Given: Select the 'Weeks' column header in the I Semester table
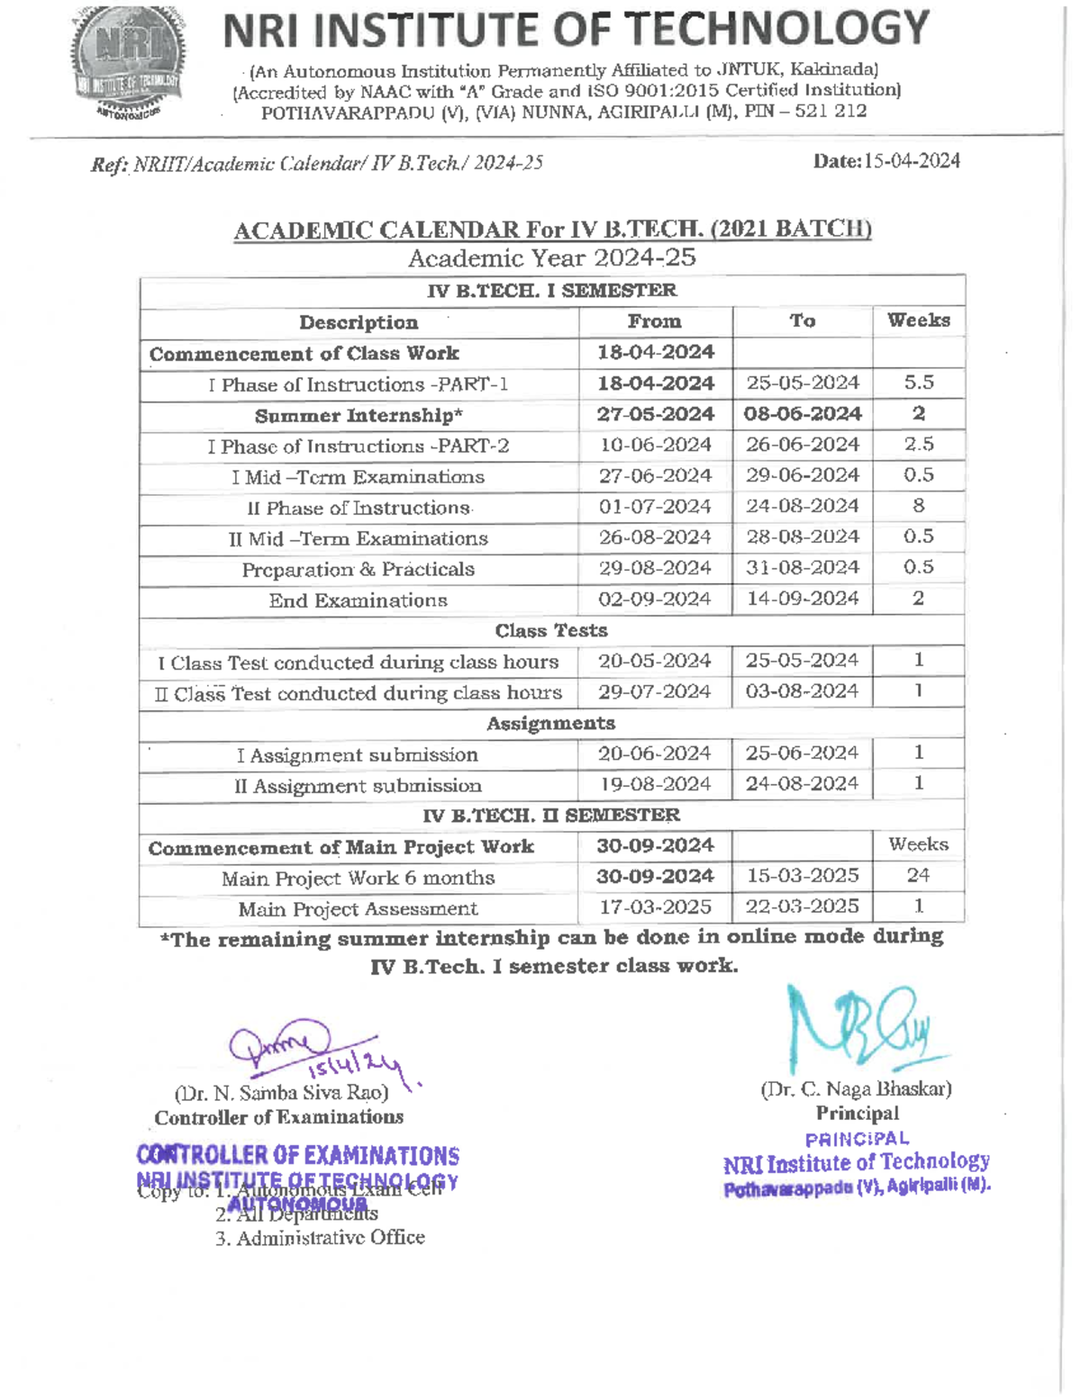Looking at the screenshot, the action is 918,320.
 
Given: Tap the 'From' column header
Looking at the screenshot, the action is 655,321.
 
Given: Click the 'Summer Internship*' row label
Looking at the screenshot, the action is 359,416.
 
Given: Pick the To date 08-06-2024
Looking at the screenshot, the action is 803,414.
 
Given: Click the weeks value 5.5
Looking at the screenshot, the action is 918,383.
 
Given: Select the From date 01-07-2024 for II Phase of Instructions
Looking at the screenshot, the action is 655,507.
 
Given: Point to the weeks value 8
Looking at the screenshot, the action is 918,506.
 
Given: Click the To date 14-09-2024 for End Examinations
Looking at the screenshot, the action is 803,599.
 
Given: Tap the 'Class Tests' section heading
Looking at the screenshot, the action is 551,630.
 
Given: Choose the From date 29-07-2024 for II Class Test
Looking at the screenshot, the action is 655,692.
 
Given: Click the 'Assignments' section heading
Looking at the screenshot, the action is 551,724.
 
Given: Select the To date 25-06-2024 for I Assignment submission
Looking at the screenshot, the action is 803,753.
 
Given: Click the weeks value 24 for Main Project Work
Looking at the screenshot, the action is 918,875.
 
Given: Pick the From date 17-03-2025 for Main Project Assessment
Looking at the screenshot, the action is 655,907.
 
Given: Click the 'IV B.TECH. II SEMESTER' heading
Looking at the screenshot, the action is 551,816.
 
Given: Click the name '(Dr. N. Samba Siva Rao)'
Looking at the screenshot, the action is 282,1094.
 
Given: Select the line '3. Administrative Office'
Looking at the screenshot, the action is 320,1238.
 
